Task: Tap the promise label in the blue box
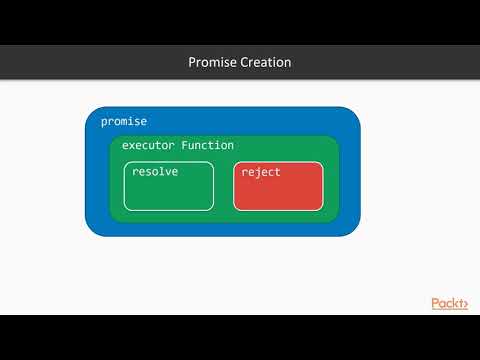click(x=124, y=121)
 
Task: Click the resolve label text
click(x=154, y=172)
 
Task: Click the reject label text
click(x=261, y=172)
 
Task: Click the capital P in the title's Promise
click(x=193, y=62)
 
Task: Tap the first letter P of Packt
click(x=436, y=302)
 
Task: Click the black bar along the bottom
click(x=240, y=337)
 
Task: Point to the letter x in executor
click(x=135, y=146)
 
